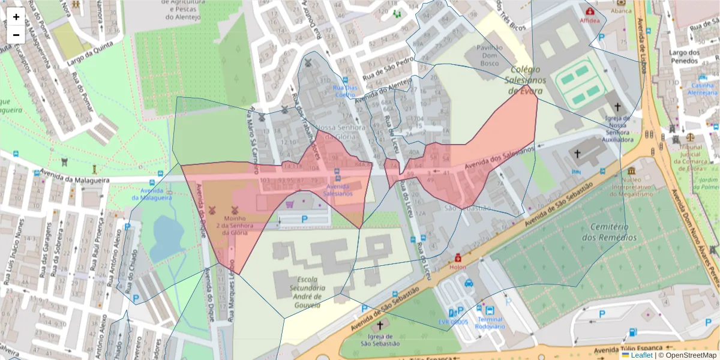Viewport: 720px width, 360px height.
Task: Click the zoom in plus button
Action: click(x=16, y=17)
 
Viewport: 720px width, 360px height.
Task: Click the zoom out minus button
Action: click(x=16, y=34)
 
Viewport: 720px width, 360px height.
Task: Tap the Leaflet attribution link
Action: click(x=641, y=355)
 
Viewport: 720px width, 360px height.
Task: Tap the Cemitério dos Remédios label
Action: click(x=613, y=232)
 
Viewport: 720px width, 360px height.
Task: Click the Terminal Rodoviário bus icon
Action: click(x=490, y=311)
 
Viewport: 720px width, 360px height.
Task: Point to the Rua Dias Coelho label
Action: click(x=344, y=91)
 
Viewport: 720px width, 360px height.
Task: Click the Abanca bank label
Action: click(x=621, y=11)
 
